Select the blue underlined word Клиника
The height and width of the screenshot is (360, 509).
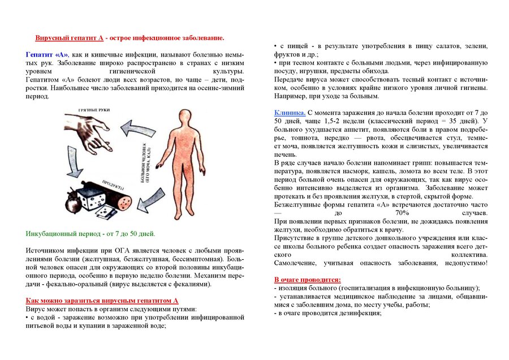290,113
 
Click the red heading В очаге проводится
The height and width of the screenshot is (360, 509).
308,280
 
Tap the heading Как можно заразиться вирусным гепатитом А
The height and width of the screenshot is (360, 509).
102,301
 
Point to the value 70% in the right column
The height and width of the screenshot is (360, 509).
403,212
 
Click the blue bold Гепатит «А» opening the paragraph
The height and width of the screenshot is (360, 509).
47,53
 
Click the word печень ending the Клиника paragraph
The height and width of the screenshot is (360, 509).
285,154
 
